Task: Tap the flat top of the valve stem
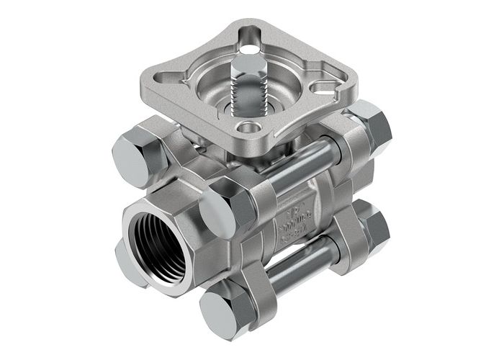pos(246,63)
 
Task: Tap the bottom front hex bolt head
pos(227,310)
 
